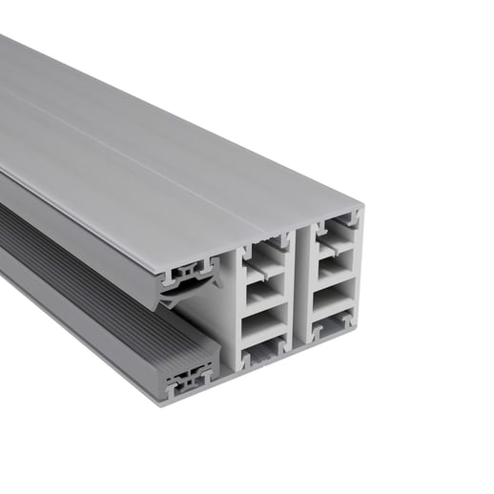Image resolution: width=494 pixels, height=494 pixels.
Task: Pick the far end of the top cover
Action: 10,48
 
